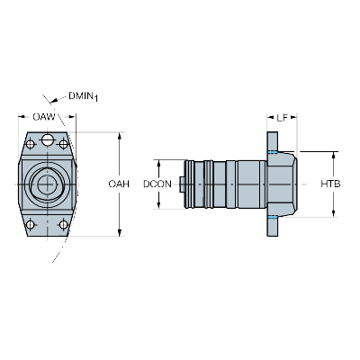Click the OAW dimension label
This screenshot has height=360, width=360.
tap(44, 117)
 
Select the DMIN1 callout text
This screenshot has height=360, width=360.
tap(84, 96)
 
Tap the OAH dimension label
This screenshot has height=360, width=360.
tap(119, 184)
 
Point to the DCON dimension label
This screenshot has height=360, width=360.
tap(157, 184)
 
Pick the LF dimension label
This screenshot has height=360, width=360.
tap(282, 118)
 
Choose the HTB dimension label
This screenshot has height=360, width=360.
tap(330, 184)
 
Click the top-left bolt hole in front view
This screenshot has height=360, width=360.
tap(31, 144)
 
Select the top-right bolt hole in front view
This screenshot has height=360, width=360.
tap(64, 144)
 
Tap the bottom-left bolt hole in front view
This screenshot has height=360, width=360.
tap(31, 224)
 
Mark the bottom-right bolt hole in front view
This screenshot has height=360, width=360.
tap(64, 224)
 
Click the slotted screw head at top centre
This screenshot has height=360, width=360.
tap(47, 139)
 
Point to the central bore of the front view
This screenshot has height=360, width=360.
tap(47, 184)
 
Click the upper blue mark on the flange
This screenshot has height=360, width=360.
tap(273, 152)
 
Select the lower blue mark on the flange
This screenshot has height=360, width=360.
tap(273, 217)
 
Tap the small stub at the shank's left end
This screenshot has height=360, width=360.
tap(182, 184)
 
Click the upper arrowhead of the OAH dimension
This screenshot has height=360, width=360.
tap(120, 135)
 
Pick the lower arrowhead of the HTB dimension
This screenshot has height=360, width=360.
tap(333, 213)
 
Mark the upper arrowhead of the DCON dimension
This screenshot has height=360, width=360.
tap(158, 163)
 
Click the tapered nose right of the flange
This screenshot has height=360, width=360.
tap(287, 184)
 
